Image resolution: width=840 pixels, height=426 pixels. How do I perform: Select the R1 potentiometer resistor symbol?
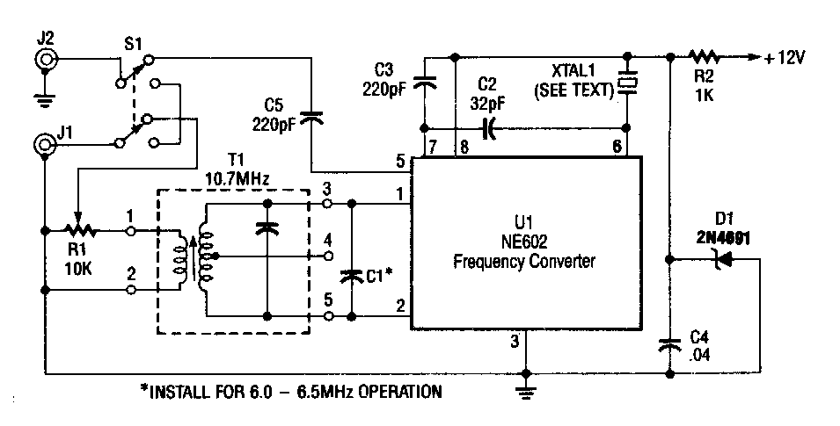click(78, 231)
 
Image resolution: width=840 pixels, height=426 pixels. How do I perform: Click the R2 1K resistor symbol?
click(705, 57)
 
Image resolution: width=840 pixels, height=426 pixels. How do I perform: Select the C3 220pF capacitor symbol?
click(424, 83)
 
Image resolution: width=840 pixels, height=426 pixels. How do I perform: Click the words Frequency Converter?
click(523, 261)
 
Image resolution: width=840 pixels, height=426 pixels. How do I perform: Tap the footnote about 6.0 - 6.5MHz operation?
click(290, 390)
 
